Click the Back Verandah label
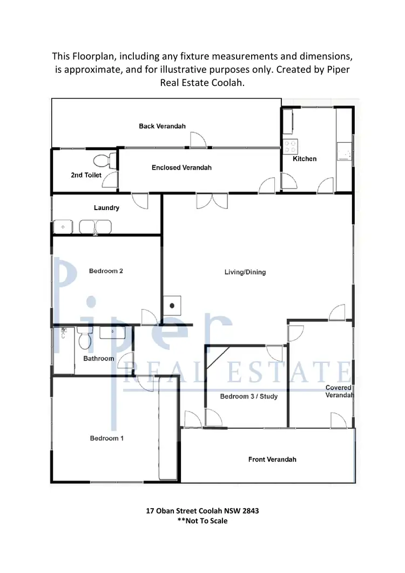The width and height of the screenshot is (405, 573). tap(162, 126)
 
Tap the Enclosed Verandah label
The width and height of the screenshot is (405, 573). tap(181, 167)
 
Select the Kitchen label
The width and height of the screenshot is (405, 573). tap(305, 159)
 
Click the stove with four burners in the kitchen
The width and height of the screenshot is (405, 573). tap(291, 146)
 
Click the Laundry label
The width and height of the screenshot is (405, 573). tap(106, 208)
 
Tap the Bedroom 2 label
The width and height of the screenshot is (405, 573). tap(106, 271)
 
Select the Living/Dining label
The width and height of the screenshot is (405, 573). tap(245, 272)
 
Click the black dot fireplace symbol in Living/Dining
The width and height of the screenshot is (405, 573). tap(172, 306)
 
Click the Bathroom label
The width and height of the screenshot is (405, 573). tap(99, 359)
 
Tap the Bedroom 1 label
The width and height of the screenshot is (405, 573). tap(107, 438)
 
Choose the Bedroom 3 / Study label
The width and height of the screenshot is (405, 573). tap(249, 396)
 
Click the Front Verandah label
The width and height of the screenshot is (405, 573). tap(272, 460)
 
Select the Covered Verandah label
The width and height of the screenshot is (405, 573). tap(339, 392)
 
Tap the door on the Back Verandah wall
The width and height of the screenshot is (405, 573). tap(198, 140)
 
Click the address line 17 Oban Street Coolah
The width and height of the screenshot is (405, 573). tap(202, 510)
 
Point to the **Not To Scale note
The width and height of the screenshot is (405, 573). tap(202, 521)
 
